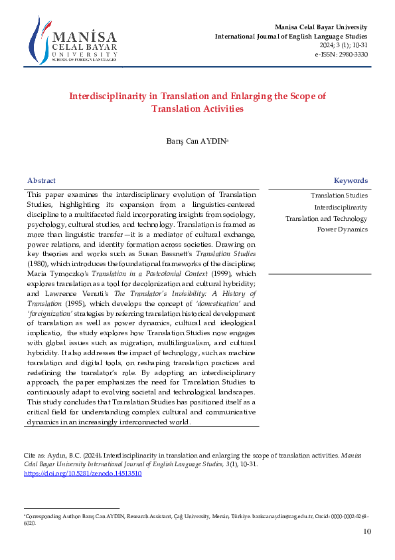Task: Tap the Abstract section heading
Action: click(41, 181)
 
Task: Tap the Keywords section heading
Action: click(351, 181)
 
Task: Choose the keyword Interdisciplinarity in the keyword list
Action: click(341, 207)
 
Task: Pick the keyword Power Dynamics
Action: click(342, 229)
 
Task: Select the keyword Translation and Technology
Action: click(326, 218)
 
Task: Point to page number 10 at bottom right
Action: click(367, 531)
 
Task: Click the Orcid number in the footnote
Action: click(344, 515)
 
